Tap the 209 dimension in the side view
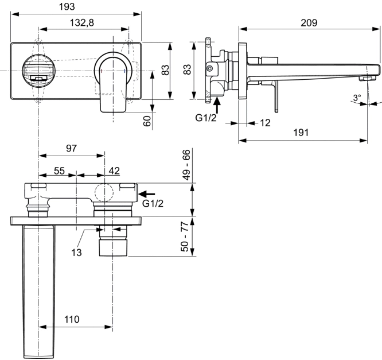click(x=309, y=22)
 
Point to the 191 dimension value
click(x=301, y=132)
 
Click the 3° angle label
click(x=358, y=98)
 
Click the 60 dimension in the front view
click(x=147, y=121)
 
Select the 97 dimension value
click(x=71, y=149)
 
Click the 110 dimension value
click(x=72, y=319)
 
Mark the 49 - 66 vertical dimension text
click(x=186, y=165)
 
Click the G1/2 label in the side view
click(x=206, y=118)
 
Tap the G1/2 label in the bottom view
click(x=153, y=204)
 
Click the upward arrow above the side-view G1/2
click(x=217, y=104)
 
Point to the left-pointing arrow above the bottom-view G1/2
click(x=147, y=194)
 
